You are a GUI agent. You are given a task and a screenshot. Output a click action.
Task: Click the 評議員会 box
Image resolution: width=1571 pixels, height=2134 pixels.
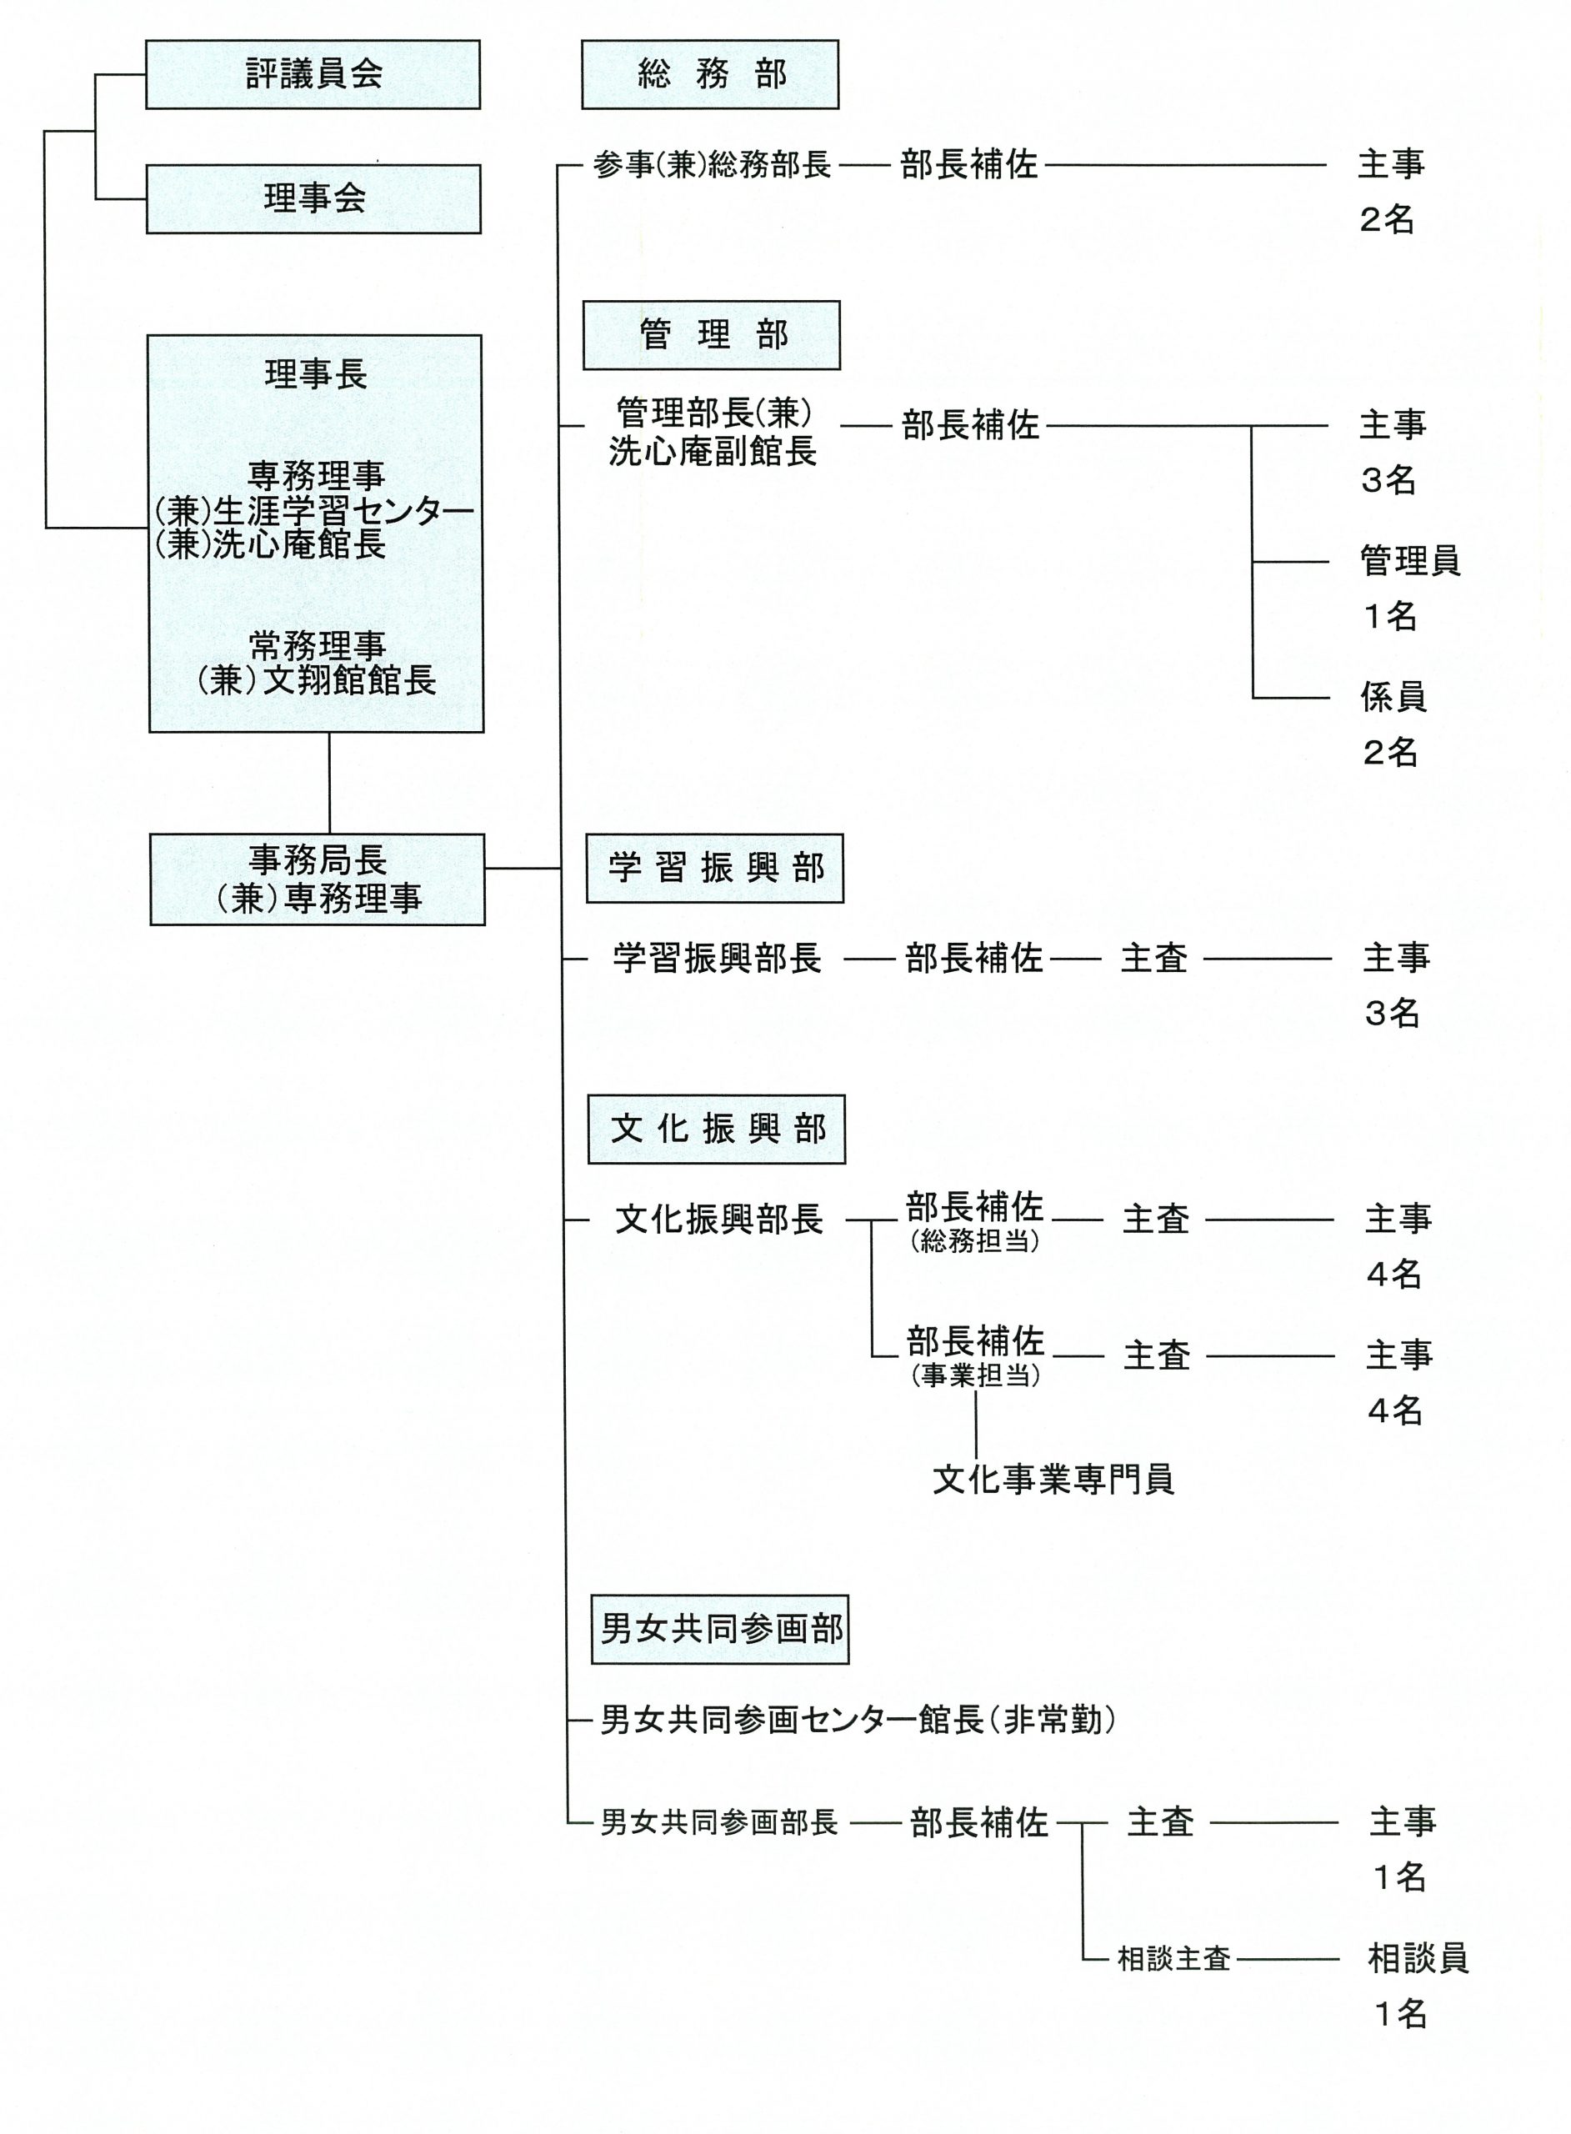313,74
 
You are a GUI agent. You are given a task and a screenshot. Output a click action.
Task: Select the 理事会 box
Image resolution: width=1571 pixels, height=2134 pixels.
314,198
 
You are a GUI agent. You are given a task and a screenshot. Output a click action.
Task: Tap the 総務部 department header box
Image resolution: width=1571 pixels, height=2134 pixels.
710,74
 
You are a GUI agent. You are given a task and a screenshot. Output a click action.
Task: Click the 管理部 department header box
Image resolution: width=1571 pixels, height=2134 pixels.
711,335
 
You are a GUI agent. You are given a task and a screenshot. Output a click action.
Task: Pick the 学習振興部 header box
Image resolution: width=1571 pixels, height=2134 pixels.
715,869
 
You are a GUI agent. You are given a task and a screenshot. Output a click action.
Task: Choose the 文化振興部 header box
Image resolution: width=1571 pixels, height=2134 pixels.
717,1129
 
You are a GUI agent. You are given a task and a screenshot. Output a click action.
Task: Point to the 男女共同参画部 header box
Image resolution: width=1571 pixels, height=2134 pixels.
720,1629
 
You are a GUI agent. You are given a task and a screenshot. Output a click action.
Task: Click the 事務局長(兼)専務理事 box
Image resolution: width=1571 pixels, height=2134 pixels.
318,879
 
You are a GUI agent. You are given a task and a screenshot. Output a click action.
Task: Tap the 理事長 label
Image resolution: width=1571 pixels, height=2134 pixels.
316,373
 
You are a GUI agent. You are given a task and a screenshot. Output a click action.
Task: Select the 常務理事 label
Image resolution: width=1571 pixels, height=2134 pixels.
317,647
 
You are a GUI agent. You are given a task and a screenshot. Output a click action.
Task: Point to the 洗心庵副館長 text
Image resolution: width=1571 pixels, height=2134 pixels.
713,452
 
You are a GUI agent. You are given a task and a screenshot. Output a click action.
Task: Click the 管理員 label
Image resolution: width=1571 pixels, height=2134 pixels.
1409,561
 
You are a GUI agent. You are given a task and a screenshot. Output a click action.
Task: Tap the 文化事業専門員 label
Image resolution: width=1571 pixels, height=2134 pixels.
1053,1479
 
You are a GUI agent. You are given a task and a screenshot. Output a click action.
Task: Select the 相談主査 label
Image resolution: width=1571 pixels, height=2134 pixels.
1174,1959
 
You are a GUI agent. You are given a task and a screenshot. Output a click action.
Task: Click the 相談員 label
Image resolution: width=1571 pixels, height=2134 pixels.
1418,1958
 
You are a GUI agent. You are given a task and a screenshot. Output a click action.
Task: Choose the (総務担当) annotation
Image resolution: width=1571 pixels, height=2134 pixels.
975,1241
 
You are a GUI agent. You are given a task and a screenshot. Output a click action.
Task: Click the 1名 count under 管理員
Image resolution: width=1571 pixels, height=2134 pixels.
1390,616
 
